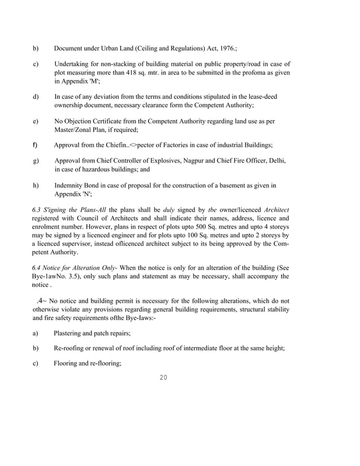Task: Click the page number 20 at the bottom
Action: [164, 377]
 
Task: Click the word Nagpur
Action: [196, 161]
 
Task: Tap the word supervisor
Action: [94, 243]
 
